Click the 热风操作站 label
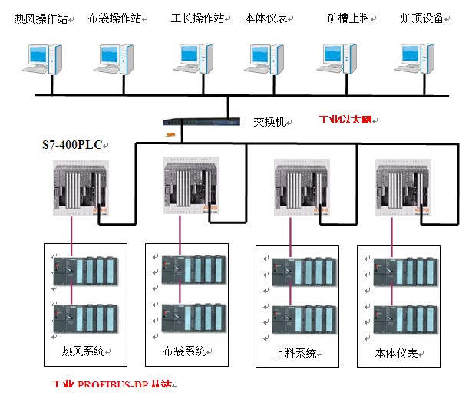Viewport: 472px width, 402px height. [x=41, y=18]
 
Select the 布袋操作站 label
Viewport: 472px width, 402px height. [x=116, y=18]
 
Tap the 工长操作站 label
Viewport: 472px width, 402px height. [x=197, y=18]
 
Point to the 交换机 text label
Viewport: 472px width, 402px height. [x=270, y=121]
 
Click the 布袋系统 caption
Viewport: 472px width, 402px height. [x=185, y=352]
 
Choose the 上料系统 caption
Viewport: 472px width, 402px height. [x=295, y=354]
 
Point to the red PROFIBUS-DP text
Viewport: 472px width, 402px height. [x=115, y=386]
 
